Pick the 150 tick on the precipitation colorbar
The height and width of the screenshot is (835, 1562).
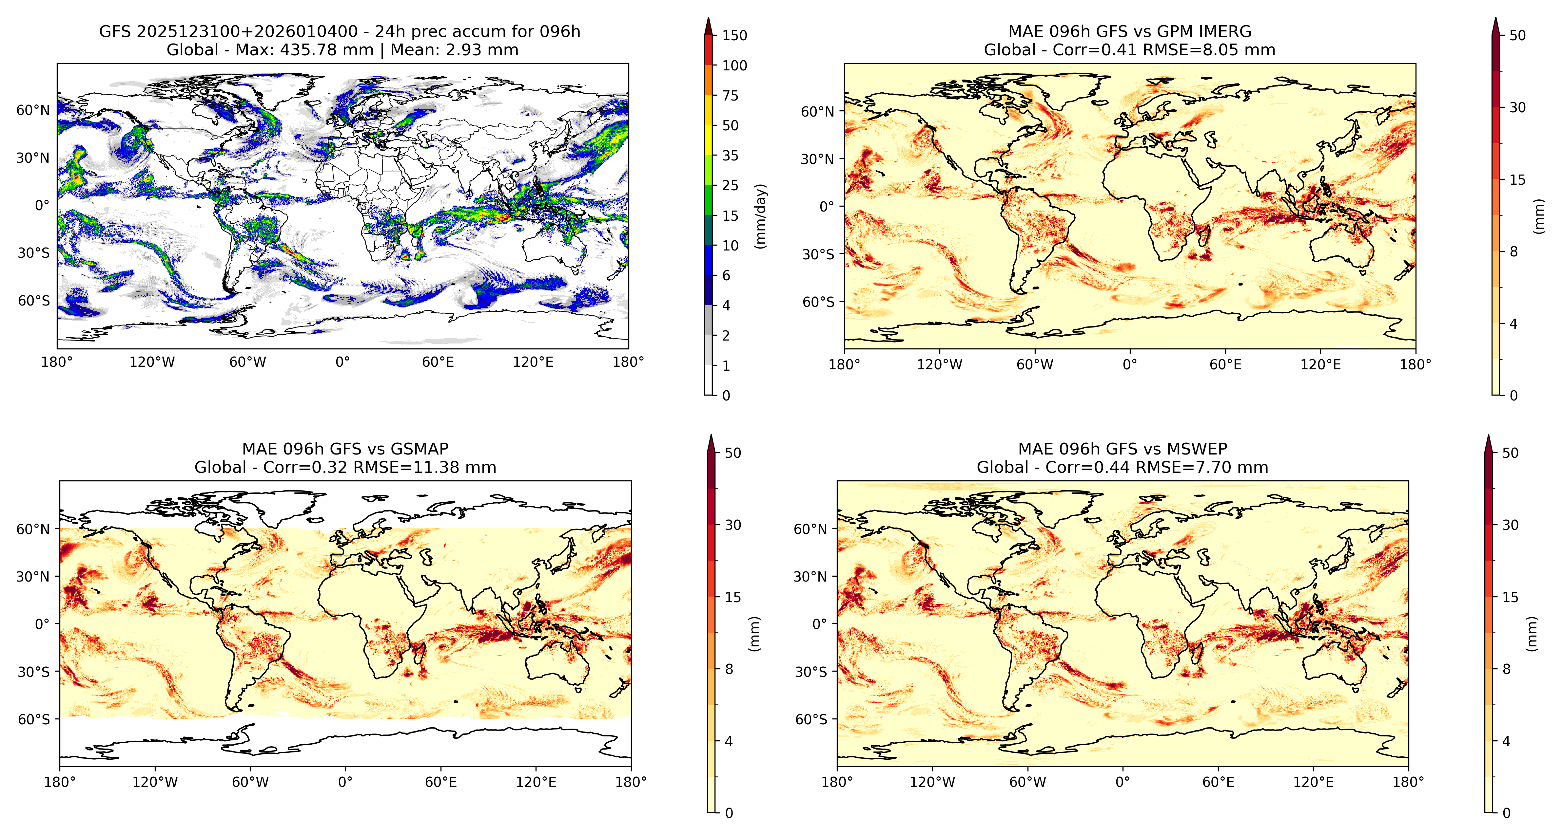click(x=734, y=35)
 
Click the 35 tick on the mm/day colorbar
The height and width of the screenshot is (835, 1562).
click(x=730, y=156)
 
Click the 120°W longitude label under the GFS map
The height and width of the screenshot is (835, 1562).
click(x=152, y=362)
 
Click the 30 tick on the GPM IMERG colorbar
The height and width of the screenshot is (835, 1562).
click(x=1517, y=107)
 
